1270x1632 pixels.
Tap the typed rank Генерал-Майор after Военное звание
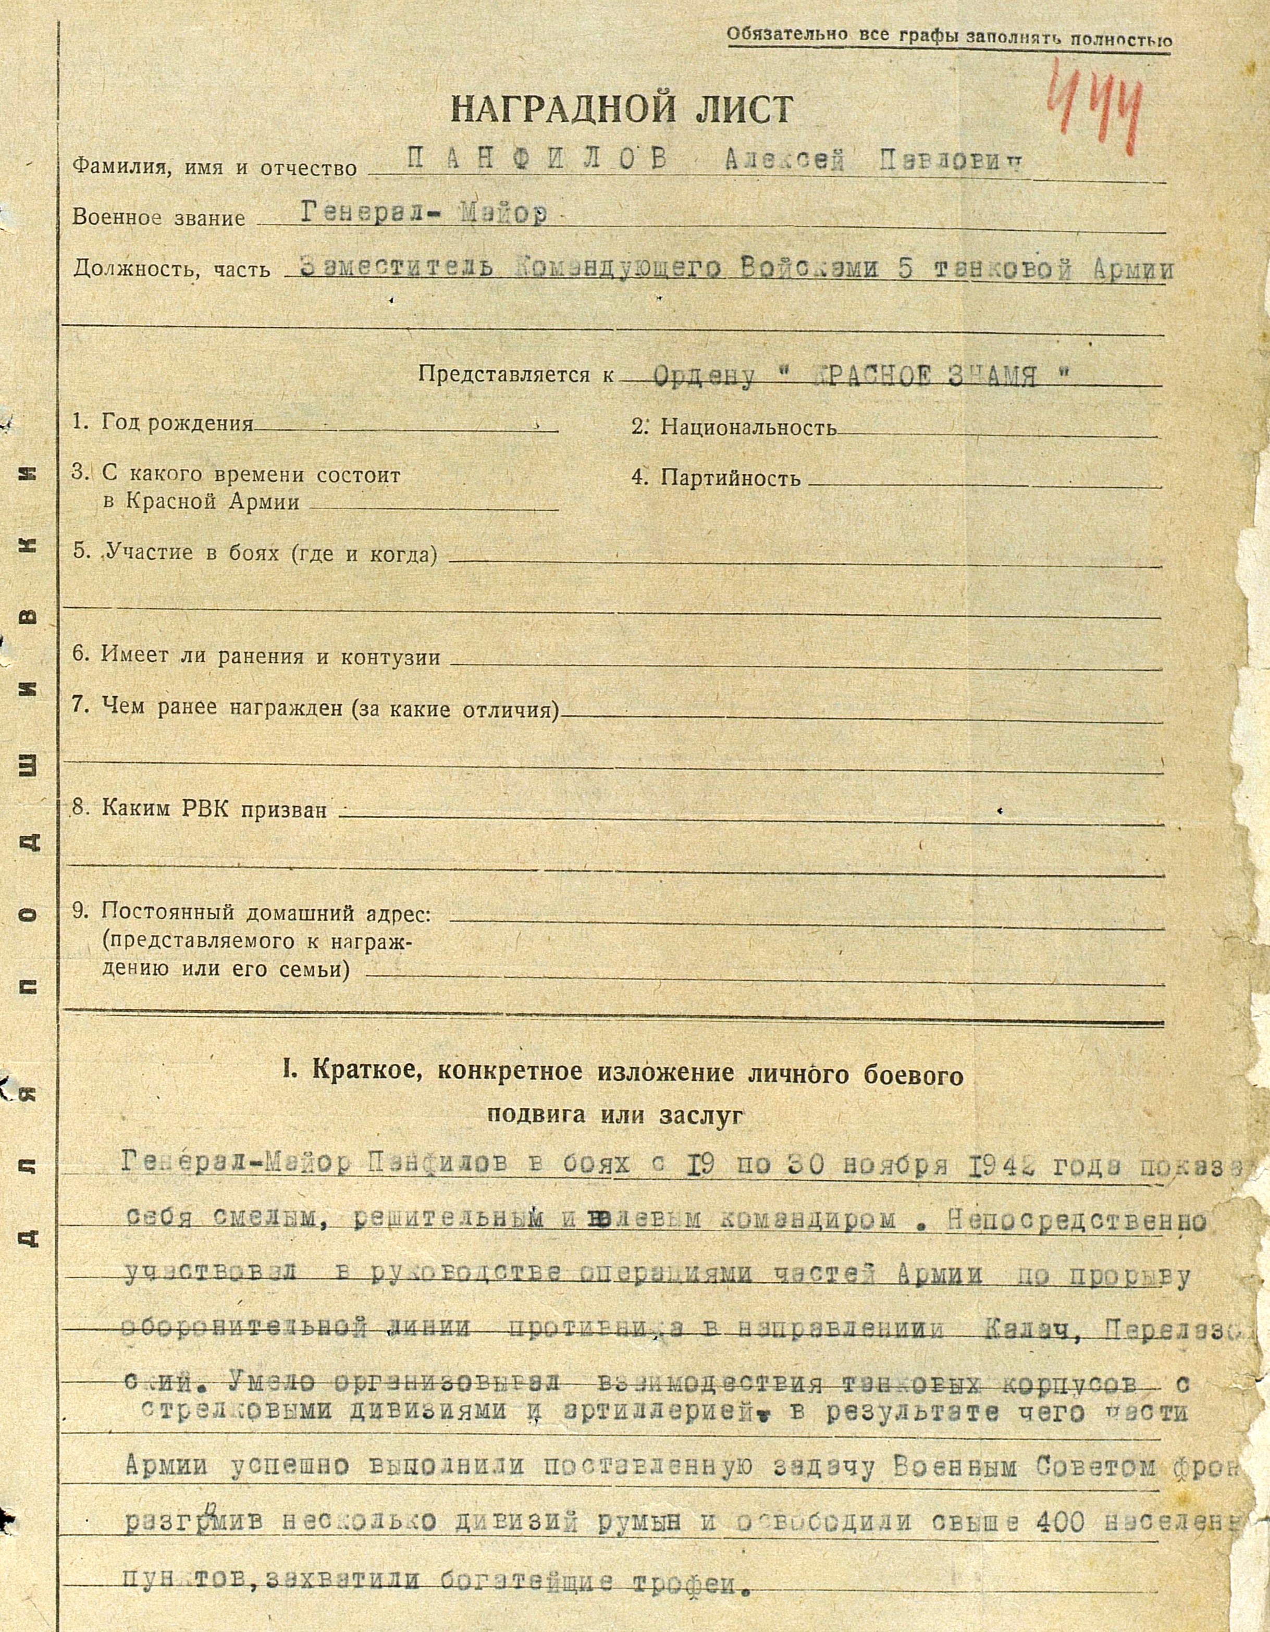click(424, 215)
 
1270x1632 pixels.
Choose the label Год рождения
click(177, 424)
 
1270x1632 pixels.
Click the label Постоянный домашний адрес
click(265, 913)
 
